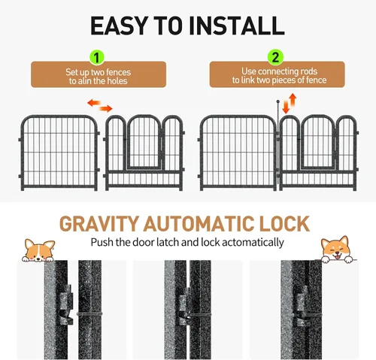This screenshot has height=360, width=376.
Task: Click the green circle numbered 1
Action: coord(96,56)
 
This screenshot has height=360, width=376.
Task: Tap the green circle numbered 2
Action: coord(275,56)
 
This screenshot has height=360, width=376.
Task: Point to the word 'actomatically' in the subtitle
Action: coord(251,243)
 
